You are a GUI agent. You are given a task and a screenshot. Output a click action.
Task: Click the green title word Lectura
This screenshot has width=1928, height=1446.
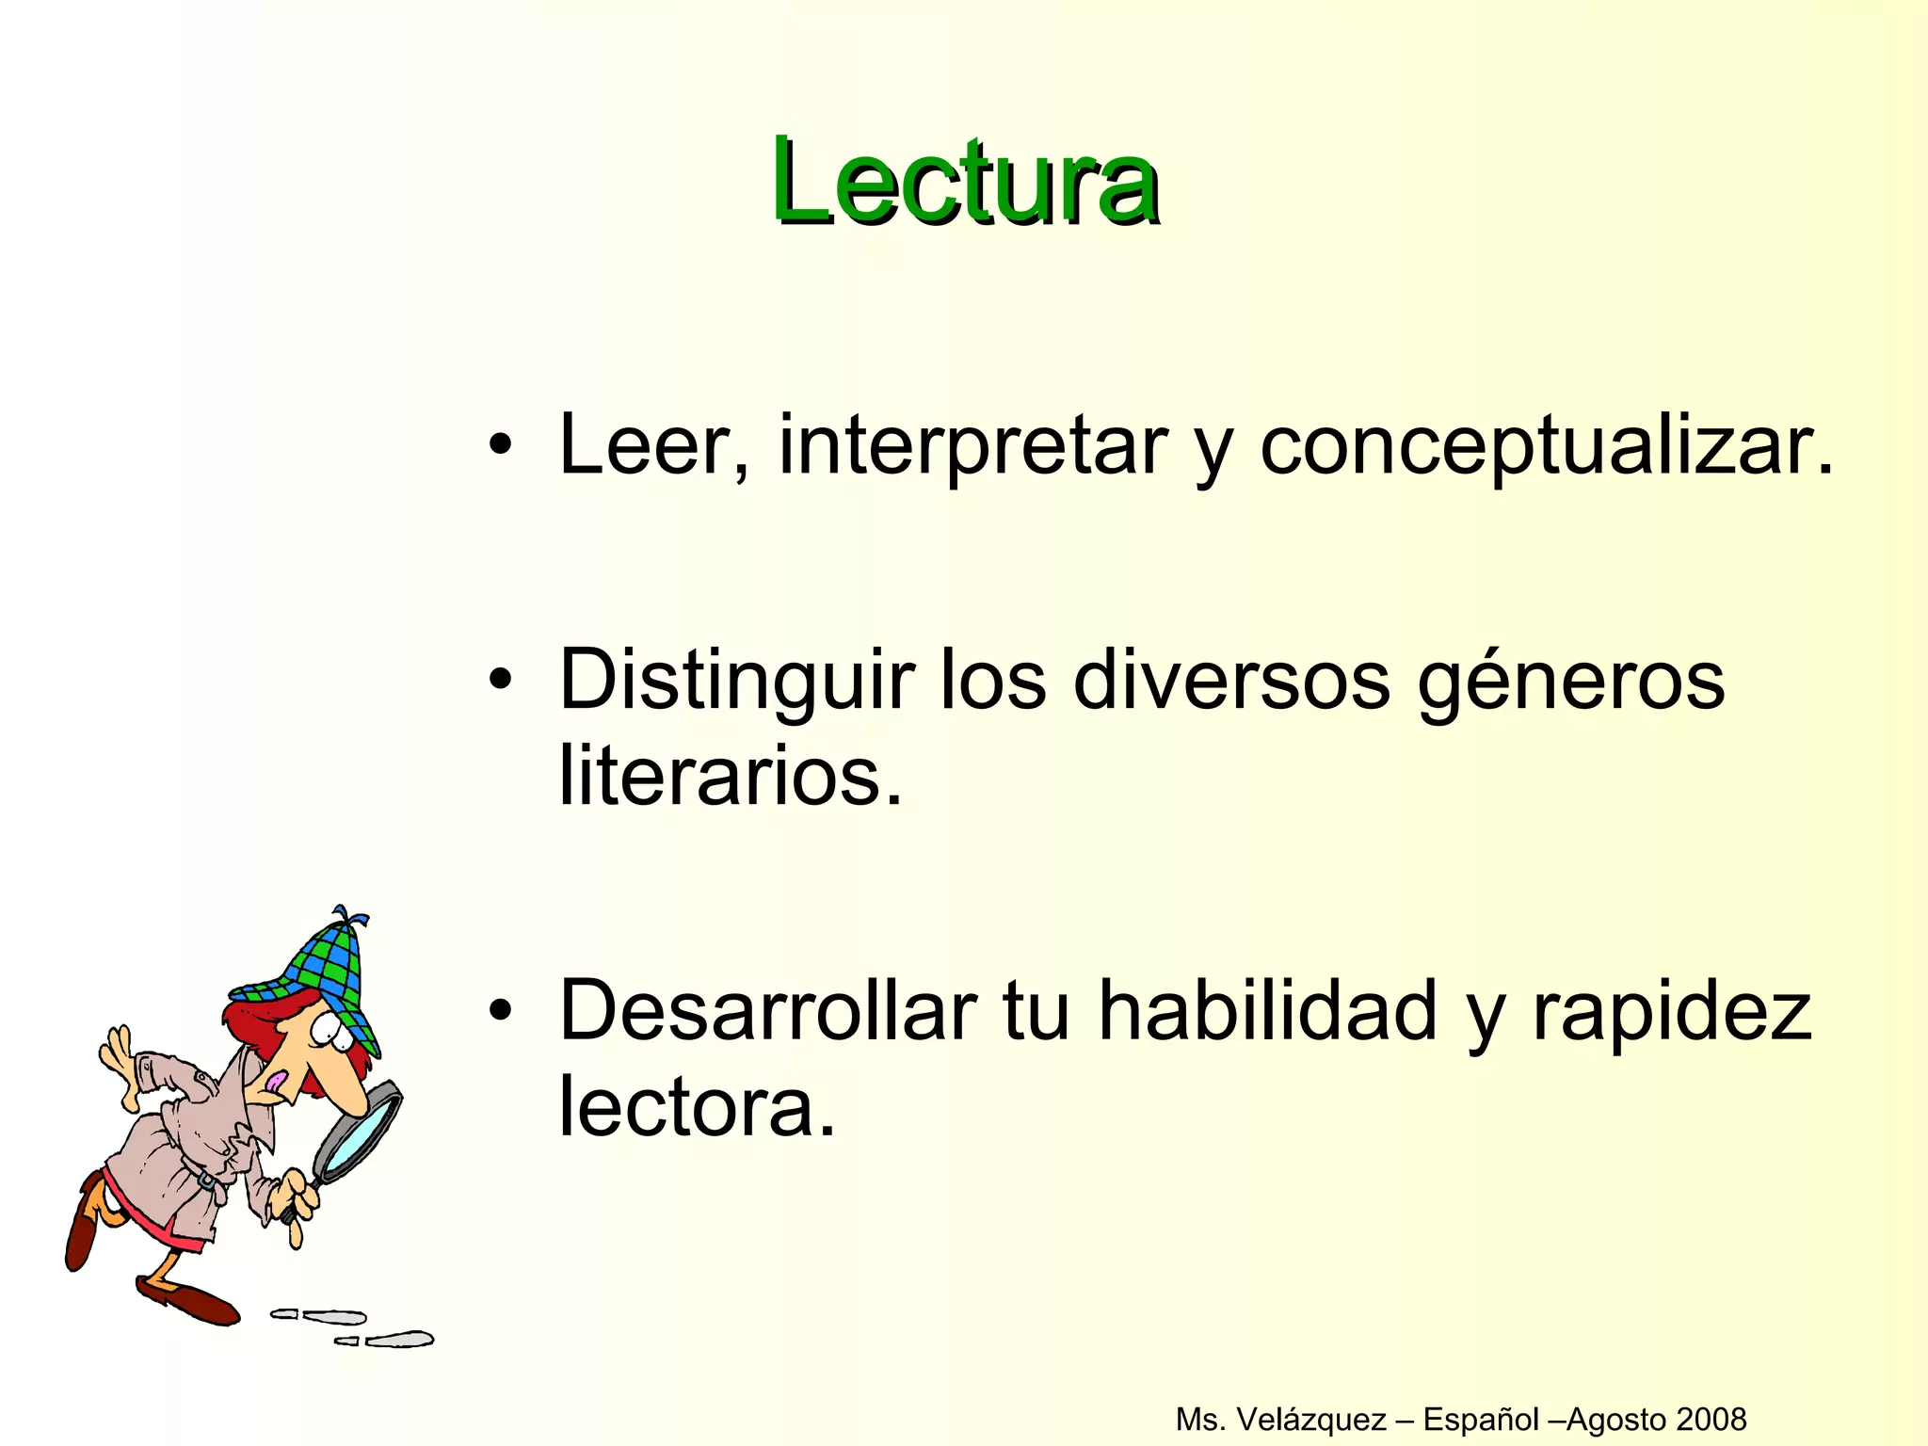tap(965, 181)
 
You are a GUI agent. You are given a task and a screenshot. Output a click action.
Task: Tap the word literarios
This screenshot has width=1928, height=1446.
tap(730, 778)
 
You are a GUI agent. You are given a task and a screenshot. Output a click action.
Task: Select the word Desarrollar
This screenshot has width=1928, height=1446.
tap(767, 1012)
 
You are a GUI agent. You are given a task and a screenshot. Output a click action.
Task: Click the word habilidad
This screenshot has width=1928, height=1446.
tap(1266, 1012)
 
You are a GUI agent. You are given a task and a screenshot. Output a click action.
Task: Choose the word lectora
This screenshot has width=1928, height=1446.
tap(697, 1108)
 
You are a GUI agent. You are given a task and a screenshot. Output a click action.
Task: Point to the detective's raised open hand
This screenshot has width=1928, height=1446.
tap(119, 1054)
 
